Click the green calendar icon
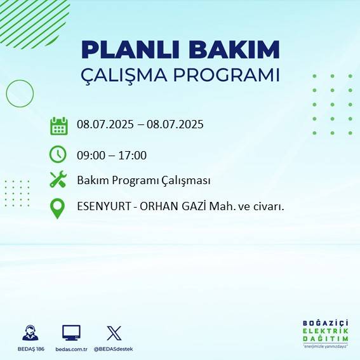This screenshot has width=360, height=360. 58,126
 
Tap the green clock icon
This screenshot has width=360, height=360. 58,154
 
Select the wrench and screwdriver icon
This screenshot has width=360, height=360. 58,180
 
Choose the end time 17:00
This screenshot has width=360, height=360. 133,155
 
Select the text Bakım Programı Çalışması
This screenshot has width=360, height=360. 143,180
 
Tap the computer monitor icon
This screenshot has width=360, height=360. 71,332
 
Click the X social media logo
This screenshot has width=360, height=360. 114,332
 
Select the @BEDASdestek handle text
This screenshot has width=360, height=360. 114,349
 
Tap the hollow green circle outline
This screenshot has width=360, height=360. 20,93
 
